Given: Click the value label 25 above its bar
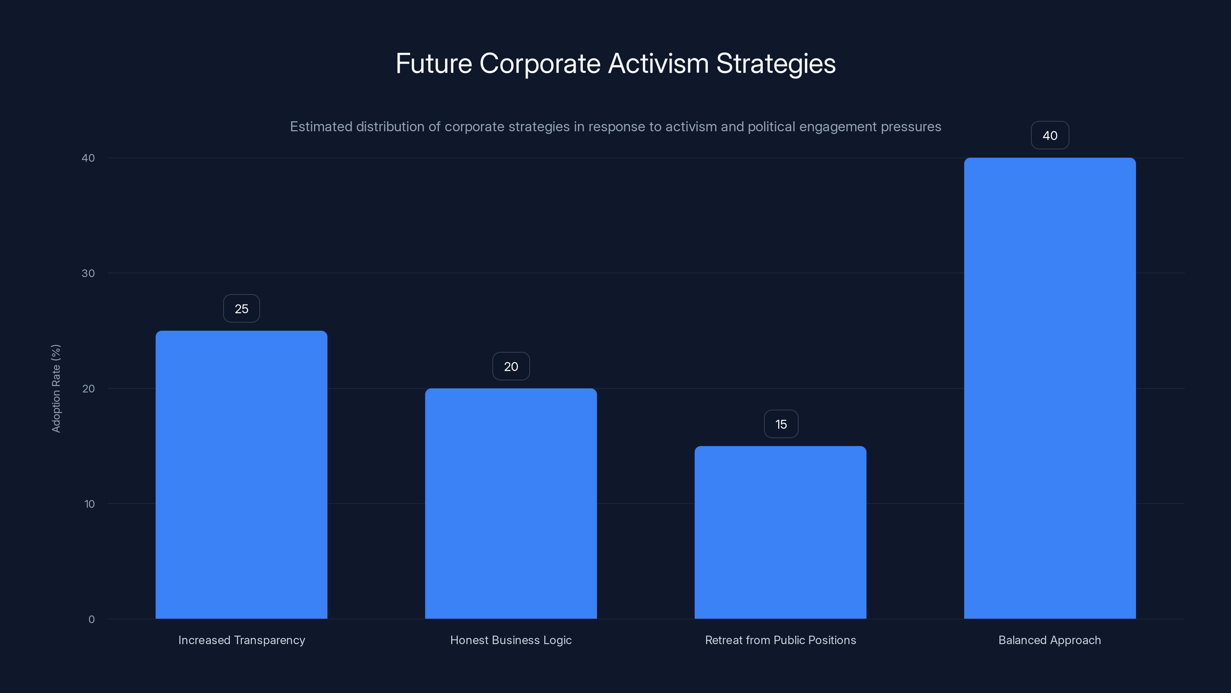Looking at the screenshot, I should click(x=241, y=309).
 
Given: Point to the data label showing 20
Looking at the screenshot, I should click(x=511, y=367).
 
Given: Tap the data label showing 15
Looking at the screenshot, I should click(x=781, y=424).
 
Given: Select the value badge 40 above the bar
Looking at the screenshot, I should click(x=1050, y=136).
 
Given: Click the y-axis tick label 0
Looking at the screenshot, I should click(x=91, y=619).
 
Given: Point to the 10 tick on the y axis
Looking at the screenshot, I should click(x=89, y=504).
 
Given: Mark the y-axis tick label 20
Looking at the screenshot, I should click(x=88, y=389).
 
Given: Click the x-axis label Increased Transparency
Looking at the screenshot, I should click(x=241, y=640).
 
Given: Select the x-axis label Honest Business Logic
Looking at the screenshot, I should click(x=511, y=640).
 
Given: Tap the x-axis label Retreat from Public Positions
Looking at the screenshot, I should click(x=781, y=640).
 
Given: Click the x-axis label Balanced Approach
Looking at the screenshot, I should click(x=1049, y=640).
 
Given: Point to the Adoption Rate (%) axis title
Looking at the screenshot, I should click(x=56, y=388).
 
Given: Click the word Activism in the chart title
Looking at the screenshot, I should click(x=658, y=64).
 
